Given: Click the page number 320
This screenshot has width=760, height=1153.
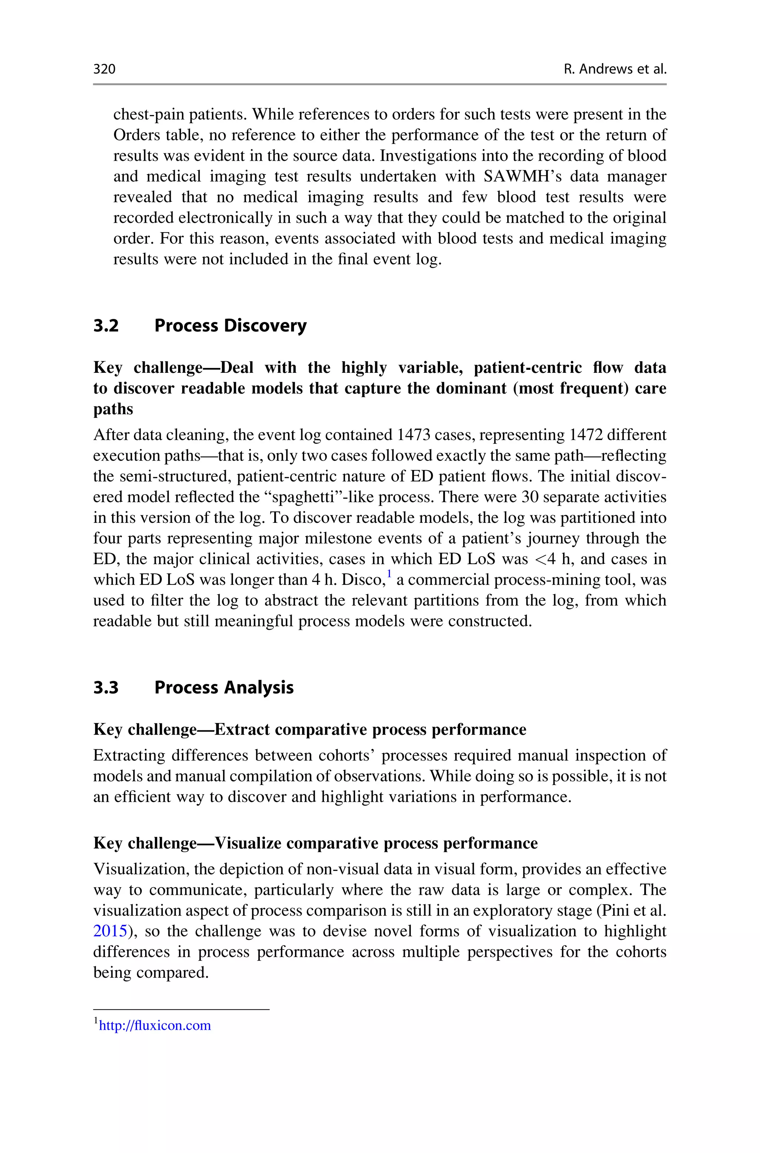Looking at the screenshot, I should click(x=104, y=69).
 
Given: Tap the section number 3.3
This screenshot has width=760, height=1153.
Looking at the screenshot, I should click(x=106, y=688).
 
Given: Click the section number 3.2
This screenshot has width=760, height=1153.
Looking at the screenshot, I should click(x=106, y=325).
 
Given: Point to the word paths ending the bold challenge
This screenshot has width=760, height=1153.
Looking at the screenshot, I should click(x=113, y=409).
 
